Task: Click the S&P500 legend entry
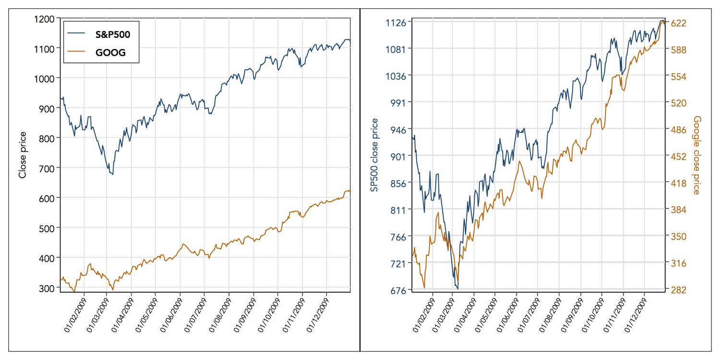click(x=113, y=35)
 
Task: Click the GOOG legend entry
click(x=111, y=53)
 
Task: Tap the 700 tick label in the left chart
click(x=47, y=168)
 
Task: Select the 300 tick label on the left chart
click(x=47, y=288)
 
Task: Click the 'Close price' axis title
click(x=22, y=155)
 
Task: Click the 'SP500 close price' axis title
click(x=374, y=155)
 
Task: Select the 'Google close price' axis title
click(x=697, y=155)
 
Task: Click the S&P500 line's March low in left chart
click(x=112, y=174)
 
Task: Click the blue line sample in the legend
click(x=77, y=35)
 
